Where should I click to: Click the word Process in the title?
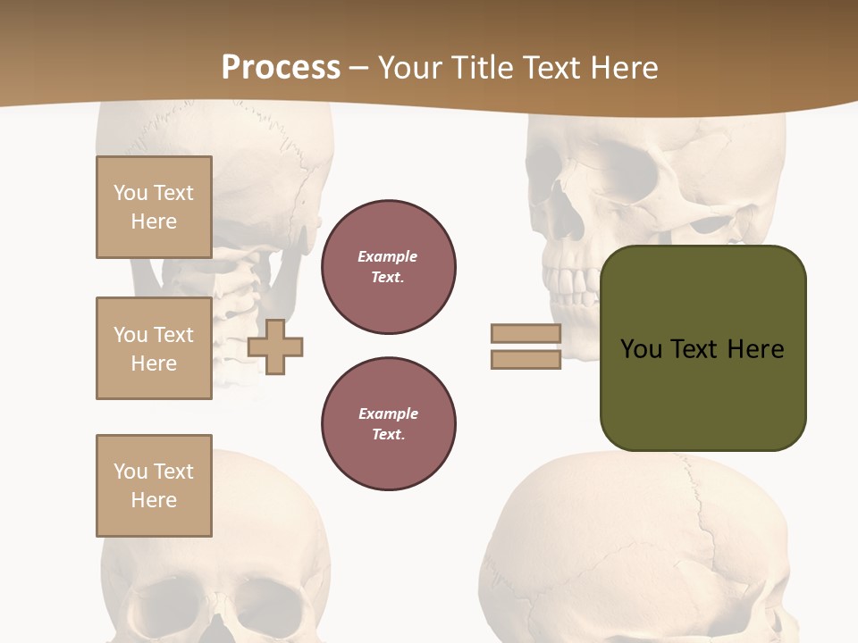pos(281,68)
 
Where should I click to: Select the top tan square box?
pos(154,207)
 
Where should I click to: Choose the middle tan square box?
pos(154,348)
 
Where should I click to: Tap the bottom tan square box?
pos(154,486)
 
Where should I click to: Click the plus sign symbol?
pos(275,347)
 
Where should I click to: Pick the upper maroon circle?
pos(389,267)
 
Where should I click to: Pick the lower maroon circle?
pos(389,424)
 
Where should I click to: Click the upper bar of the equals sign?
pos(526,333)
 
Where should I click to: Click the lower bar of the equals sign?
pos(526,359)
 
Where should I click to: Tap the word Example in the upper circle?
pos(388,256)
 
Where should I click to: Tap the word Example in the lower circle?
pos(388,413)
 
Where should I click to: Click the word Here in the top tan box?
pos(154,221)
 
